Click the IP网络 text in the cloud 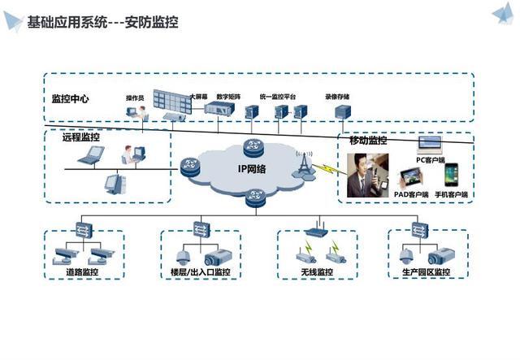[253, 168]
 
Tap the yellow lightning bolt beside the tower [324, 171]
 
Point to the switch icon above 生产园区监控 [419, 230]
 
